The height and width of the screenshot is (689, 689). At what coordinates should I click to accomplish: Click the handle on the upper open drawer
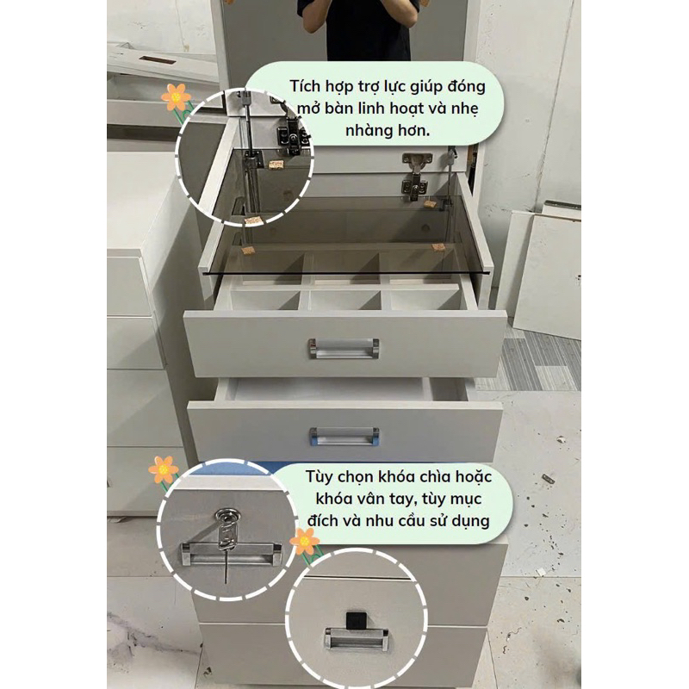[x=344, y=348]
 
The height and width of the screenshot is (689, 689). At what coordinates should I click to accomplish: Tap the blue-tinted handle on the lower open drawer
[x=344, y=437]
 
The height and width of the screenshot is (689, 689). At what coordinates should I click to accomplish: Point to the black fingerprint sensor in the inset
[x=353, y=620]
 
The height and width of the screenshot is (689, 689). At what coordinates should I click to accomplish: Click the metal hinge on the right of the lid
[x=414, y=177]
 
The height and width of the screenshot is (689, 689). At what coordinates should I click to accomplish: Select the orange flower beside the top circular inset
[x=176, y=96]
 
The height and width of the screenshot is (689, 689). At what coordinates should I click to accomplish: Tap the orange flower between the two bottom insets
[x=305, y=541]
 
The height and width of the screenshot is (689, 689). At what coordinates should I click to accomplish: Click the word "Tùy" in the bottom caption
[x=320, y=477]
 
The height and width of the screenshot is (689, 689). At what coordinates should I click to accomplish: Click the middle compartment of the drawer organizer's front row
[x=344, y=301]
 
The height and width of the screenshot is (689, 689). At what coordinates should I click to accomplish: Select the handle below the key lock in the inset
[x=232, y=554]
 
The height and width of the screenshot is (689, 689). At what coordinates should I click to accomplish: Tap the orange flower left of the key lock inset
[x=164, y=470]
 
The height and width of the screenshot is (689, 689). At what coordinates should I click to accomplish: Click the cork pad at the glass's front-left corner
[x=248, y=251]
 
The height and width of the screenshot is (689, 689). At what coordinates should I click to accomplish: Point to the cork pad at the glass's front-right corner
[x=438, y=247]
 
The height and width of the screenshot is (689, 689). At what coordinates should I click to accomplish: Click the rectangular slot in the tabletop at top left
[x=158, y=59]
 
